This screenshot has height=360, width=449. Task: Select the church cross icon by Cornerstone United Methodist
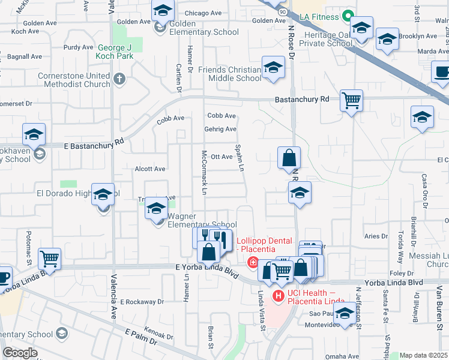[x=119, y=79]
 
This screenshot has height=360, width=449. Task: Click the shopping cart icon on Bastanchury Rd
[x=351, y=100]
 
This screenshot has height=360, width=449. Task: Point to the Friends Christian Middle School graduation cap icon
[x=273, y=68]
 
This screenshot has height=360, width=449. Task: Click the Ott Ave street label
[x=221, y=157]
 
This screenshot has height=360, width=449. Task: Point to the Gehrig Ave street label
[x=222, y=129]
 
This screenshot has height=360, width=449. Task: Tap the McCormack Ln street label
[x=204, y=172]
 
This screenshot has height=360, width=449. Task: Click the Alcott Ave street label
[x=150, y=169]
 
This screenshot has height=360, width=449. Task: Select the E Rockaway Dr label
[x=142, y=302]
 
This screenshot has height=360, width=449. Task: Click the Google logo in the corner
[x=20, y=352]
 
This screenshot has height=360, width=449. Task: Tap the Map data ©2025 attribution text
[x=423, y=355]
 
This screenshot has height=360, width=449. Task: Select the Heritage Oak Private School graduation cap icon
[x=361, y=28]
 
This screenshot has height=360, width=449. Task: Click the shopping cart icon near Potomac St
[x=49, y=259]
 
